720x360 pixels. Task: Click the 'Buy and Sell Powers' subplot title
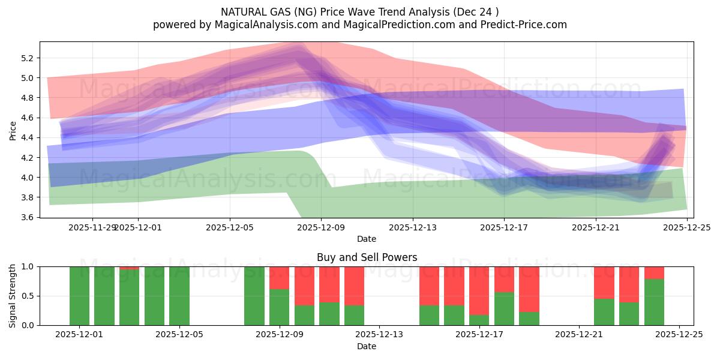click(x=367, y=257)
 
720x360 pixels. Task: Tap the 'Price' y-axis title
click(x=13, y=130)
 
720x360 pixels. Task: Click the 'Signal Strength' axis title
click(x=13, y=296)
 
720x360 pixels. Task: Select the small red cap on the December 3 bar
click(x=130, y=268)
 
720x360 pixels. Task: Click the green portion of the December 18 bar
click(x=505, y=308)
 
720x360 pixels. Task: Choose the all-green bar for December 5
click(x=179, y=296)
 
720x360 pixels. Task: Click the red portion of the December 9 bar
click(x=279, y=278)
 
